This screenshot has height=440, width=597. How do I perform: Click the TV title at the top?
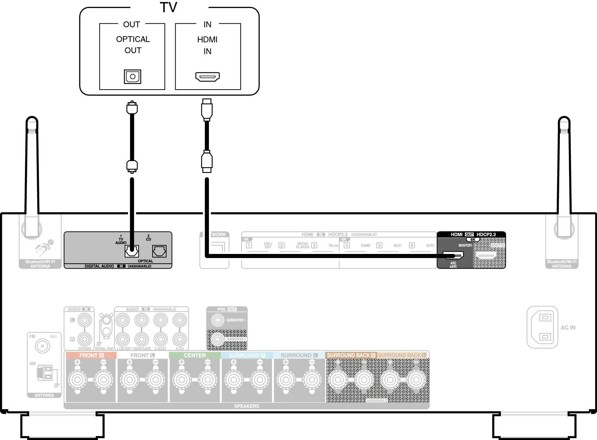(169, 7)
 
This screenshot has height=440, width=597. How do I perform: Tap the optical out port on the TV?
(132, 77)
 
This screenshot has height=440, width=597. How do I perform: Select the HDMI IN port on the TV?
(207, 77)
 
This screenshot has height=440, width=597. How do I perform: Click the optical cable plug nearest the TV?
(132, 108)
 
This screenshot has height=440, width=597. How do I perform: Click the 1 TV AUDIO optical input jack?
(131, 251)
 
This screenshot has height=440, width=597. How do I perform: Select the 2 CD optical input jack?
(159, 251)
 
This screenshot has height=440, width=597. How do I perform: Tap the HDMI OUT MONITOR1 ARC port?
(453, 255)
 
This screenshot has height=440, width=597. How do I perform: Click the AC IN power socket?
(542, 327)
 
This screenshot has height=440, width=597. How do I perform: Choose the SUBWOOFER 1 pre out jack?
(218, 320)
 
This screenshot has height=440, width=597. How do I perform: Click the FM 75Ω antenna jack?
(42, 346)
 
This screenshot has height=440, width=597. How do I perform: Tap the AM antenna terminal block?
(45, 373)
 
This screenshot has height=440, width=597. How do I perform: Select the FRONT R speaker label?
(91, 355)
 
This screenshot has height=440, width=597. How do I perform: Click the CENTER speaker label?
(195, 355)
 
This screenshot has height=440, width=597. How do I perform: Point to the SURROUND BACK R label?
(351, 355)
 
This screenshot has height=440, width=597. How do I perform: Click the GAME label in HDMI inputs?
(365, 246)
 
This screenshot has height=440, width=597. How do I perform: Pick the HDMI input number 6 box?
(412, 246)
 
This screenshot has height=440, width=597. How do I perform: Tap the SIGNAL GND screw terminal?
(106, 320)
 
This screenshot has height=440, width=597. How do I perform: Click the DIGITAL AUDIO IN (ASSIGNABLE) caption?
(118, 266)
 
